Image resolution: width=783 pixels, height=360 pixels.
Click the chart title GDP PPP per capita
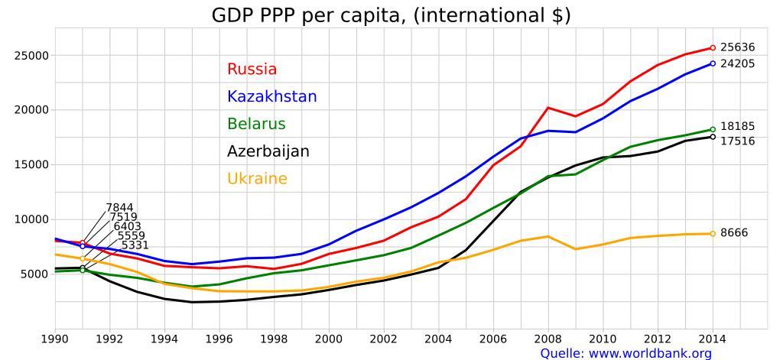pos(391,15)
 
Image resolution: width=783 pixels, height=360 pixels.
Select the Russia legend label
pos(252,70)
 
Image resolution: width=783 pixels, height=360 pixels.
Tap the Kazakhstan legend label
pos(271,97)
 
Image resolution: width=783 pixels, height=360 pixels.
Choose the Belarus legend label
pos(256,125)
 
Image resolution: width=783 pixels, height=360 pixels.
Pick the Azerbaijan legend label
pos(268,151)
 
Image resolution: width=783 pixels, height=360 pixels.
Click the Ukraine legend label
pos(257,179)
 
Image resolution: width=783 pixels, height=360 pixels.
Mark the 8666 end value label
pos(734,233)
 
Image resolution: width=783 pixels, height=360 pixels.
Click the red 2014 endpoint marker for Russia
pos(713,48)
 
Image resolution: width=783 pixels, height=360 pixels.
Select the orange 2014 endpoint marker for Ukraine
pos(713,234)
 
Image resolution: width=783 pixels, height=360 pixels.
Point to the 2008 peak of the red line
pos(548,108)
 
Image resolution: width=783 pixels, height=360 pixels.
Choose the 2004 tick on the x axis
pos(439,338)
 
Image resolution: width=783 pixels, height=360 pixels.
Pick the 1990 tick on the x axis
pos(54,338)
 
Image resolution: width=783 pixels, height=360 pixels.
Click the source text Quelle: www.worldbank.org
pos(625,353)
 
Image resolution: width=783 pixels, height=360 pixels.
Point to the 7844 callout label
pos(119,208)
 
